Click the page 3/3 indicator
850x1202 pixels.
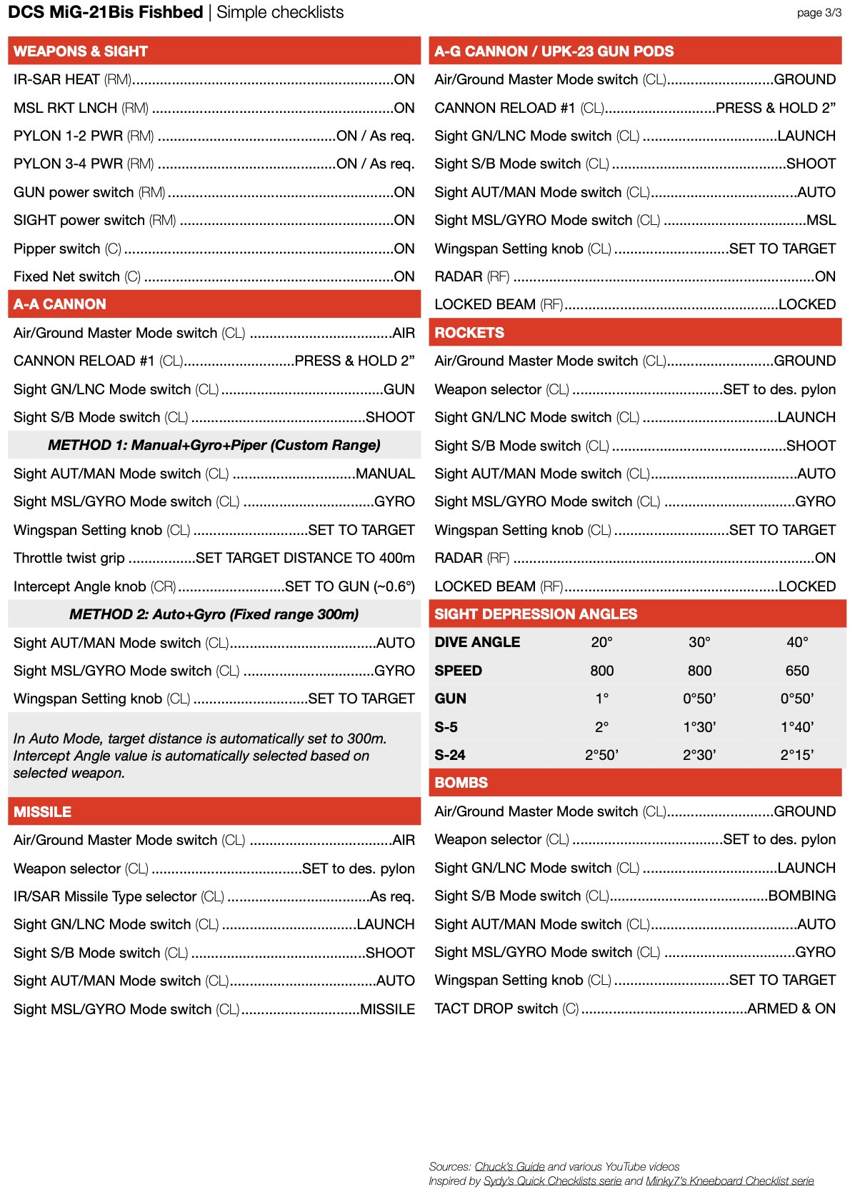(x=819, y=13)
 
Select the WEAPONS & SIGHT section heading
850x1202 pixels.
(x=81, y=51)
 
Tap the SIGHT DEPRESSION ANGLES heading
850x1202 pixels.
(x=536, y=614)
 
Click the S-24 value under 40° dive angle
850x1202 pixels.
(x=797, y=755)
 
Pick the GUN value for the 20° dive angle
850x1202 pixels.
(x=601, y=698)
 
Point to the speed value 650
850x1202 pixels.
(x=797, y=671)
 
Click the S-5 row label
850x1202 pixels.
(x=446, y=727)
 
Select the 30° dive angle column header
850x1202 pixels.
(x=699, y=642)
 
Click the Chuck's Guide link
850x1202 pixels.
(x=509, y=1166)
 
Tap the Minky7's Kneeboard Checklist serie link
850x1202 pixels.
(x=729, y=1181)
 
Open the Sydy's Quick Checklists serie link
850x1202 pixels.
(x=552, y=1181)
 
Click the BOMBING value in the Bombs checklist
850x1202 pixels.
(x=801, y=896)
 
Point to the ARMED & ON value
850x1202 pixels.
(x=791, y=1008)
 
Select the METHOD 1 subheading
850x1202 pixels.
(x=214, y=445)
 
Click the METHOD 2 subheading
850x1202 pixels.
(x=214, y=614)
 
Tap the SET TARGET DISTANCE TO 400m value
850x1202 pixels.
(x=305, y=558)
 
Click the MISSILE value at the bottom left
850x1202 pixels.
(x=387, y=1009)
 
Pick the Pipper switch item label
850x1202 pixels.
(x=57, y=249)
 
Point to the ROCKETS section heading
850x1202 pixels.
(x=469, y=333)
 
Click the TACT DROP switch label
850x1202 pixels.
(x=496, y=1008)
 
